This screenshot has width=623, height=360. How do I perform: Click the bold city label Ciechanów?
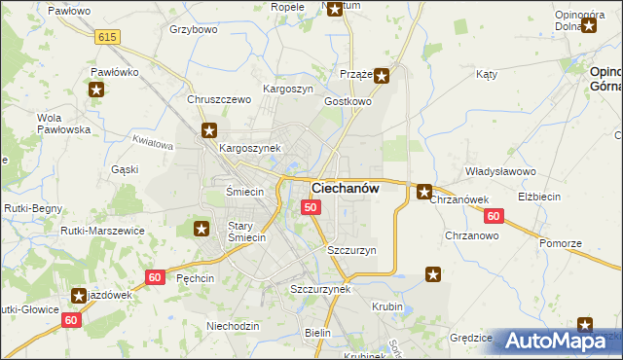pos(345,188)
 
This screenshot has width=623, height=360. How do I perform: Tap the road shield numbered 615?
pos(108,36)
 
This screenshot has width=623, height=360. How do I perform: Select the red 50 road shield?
pos(311,207)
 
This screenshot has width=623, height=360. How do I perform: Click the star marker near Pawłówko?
pos(96,90)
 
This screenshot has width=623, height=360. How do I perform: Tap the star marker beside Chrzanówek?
pos(424,192)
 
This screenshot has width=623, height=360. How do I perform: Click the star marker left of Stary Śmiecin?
pos(202,230)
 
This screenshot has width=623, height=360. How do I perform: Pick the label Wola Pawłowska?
pos(63,124)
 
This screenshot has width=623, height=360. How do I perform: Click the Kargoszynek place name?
pos(250,148)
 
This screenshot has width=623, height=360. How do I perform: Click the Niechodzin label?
pos(233,325)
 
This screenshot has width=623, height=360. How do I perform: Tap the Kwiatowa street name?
pos(151,144)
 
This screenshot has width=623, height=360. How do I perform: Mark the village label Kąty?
pos(487,74)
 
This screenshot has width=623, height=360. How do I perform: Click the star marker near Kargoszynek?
pos(208,130)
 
